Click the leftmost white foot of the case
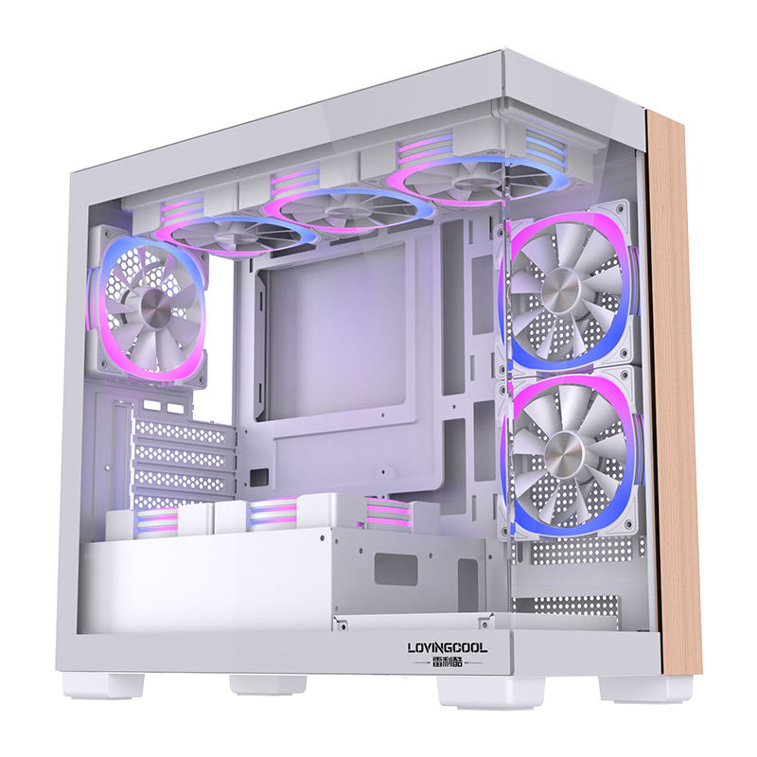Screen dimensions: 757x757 96,683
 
